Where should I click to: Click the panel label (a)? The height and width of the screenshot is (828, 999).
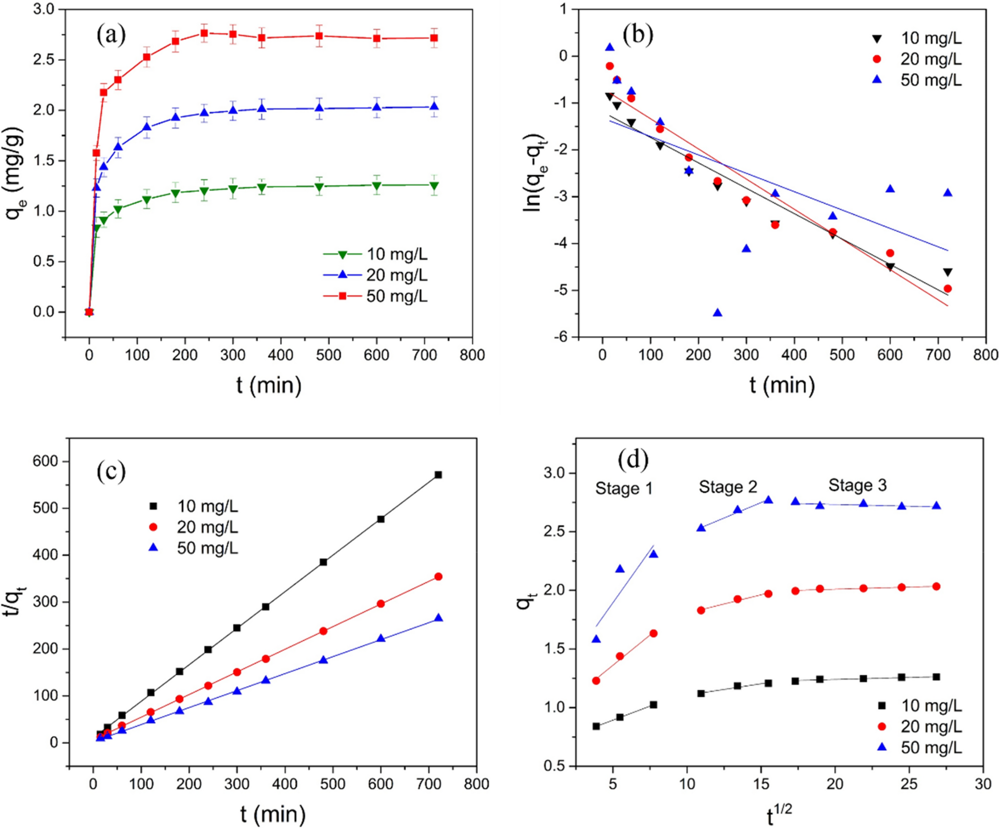click(111, 35)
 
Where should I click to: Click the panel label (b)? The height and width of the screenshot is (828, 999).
click(638, 35)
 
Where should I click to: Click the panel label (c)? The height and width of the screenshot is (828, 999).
click(111, 471)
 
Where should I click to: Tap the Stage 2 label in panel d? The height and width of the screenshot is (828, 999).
click(727, 487)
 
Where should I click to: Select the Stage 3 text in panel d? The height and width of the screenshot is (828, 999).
click(857, 485)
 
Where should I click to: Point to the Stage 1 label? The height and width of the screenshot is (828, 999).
click(623, 489)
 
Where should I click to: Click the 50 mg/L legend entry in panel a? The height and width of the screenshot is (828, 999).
click(396, 297)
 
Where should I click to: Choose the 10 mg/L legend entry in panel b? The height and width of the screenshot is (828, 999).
click(930, 38)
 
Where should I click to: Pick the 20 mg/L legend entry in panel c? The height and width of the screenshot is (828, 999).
click(207, 527)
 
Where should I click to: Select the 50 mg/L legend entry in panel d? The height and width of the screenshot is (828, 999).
click(930, 747)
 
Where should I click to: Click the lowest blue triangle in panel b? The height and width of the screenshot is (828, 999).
click(717, 312)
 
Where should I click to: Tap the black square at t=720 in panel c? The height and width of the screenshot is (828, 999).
click(438, 475)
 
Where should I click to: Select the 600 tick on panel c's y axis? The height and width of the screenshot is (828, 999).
click(45, 461)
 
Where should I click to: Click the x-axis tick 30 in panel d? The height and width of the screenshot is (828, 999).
click(983, 784)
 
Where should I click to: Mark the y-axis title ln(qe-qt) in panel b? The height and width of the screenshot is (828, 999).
click(534, 173)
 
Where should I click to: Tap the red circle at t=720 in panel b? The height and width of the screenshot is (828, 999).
click(947, 289)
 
